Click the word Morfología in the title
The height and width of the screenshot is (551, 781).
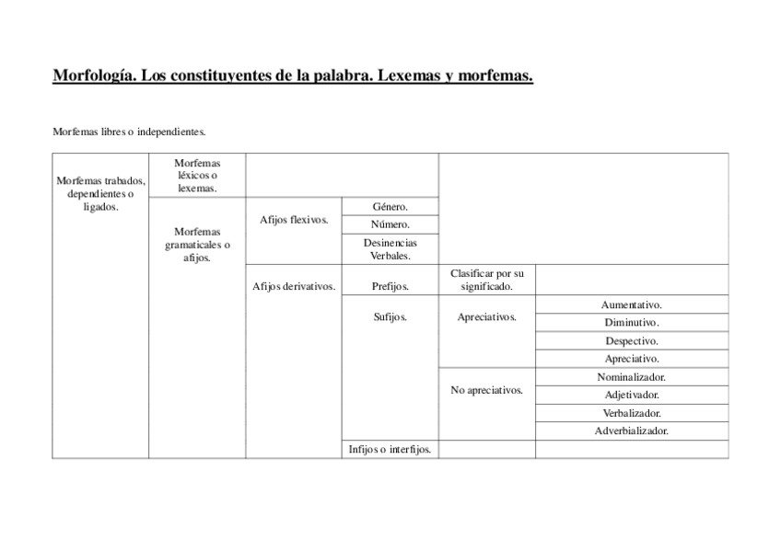[x=94, y=76]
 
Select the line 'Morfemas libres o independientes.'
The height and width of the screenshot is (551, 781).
[x=129, y=132]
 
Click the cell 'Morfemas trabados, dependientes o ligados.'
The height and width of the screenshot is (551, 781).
[x=100, y=193]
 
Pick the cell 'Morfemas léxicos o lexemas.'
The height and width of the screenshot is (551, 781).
[x=197, y=175]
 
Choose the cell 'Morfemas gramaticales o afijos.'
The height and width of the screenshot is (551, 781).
[x=197, y=245]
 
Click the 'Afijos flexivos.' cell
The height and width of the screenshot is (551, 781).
[x=294, y=220]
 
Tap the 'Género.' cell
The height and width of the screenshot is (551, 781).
[x=390, y=207]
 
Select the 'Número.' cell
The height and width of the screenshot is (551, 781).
[x=390, y=224]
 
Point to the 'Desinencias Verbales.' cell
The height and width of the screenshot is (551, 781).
[x=390, y=249]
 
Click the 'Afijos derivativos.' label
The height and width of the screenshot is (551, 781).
[x=294, y=286]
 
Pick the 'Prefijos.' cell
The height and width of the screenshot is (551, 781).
[x=390, y=286]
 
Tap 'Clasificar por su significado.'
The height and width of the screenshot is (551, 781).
[x=486, y=280]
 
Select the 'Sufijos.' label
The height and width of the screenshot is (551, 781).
[x=390, y=317]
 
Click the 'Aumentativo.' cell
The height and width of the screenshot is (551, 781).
[x=632, y=304]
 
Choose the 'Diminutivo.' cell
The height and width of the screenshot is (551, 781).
[x=632, y=323]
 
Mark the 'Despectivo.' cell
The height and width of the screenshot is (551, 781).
[x=632, y=341]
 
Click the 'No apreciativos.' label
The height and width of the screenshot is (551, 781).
[x=486, y=390]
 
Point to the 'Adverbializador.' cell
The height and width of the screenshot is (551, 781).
[x=632, y=430]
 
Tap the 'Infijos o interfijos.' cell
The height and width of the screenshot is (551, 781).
[x=390, y=450]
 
